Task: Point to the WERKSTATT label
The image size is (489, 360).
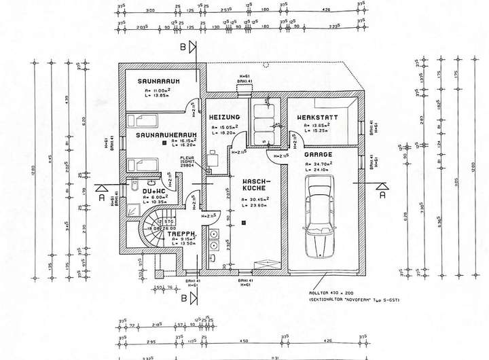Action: click(319, 118)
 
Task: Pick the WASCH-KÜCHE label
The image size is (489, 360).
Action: click(257, 185)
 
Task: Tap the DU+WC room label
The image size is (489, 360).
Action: click(155, 192)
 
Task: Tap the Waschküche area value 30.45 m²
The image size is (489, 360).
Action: click(257, 199)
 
